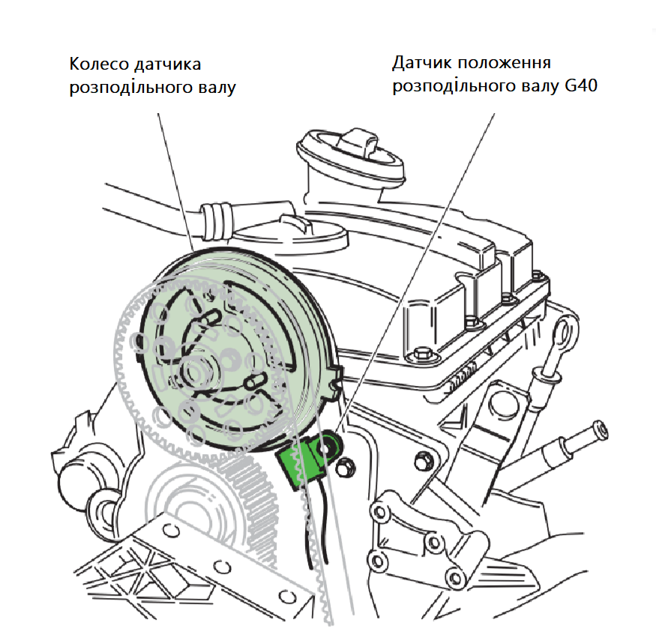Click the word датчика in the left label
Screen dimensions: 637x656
click(x=166, y=63)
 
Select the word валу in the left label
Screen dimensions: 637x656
click(x=217, y=87)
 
